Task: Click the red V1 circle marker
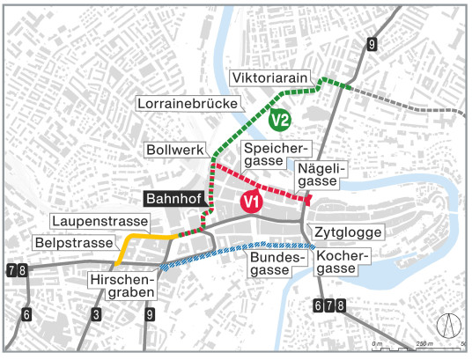tap(252, 202)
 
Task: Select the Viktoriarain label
tap(272, 79)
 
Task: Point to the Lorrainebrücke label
tap(190, 104)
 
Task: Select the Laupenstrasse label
tap(92, 220)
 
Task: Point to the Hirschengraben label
tap(123, 285)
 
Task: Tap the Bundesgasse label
tap(276, 262)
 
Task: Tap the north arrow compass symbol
tap(450, 326)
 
